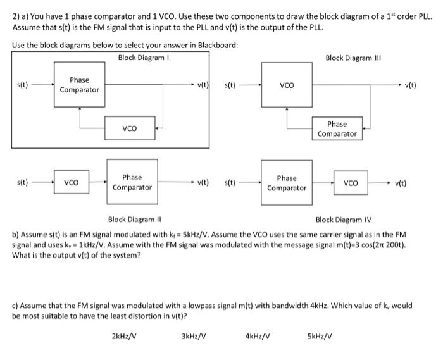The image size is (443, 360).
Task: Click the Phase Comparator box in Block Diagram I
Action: (x=79, y=85)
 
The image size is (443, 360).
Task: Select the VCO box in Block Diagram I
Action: (x=130, y=128)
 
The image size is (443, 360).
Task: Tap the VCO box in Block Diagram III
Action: (x=287, y=84)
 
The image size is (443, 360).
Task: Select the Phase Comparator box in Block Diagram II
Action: (x=132, y=182)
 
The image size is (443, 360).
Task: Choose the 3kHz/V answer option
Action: (x=194, y=336)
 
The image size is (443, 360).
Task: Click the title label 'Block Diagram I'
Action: (x=143, y=58)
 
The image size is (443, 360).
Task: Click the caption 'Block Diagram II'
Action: (x=135, y=220)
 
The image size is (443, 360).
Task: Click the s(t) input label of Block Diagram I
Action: (x=22, y=84)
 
